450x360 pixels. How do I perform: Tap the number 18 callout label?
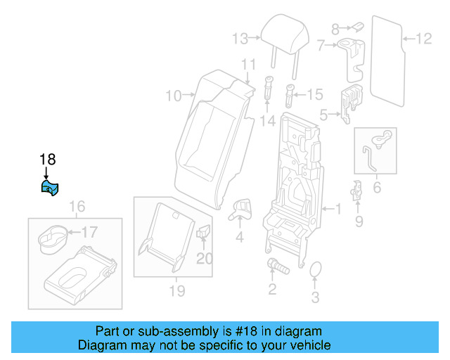47,160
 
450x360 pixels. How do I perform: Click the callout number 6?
376,188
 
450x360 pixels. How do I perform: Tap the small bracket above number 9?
357,190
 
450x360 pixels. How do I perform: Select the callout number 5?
324,113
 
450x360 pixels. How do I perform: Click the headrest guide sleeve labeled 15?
290,94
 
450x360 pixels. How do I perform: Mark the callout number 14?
266,121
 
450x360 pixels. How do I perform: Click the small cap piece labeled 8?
356,27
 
